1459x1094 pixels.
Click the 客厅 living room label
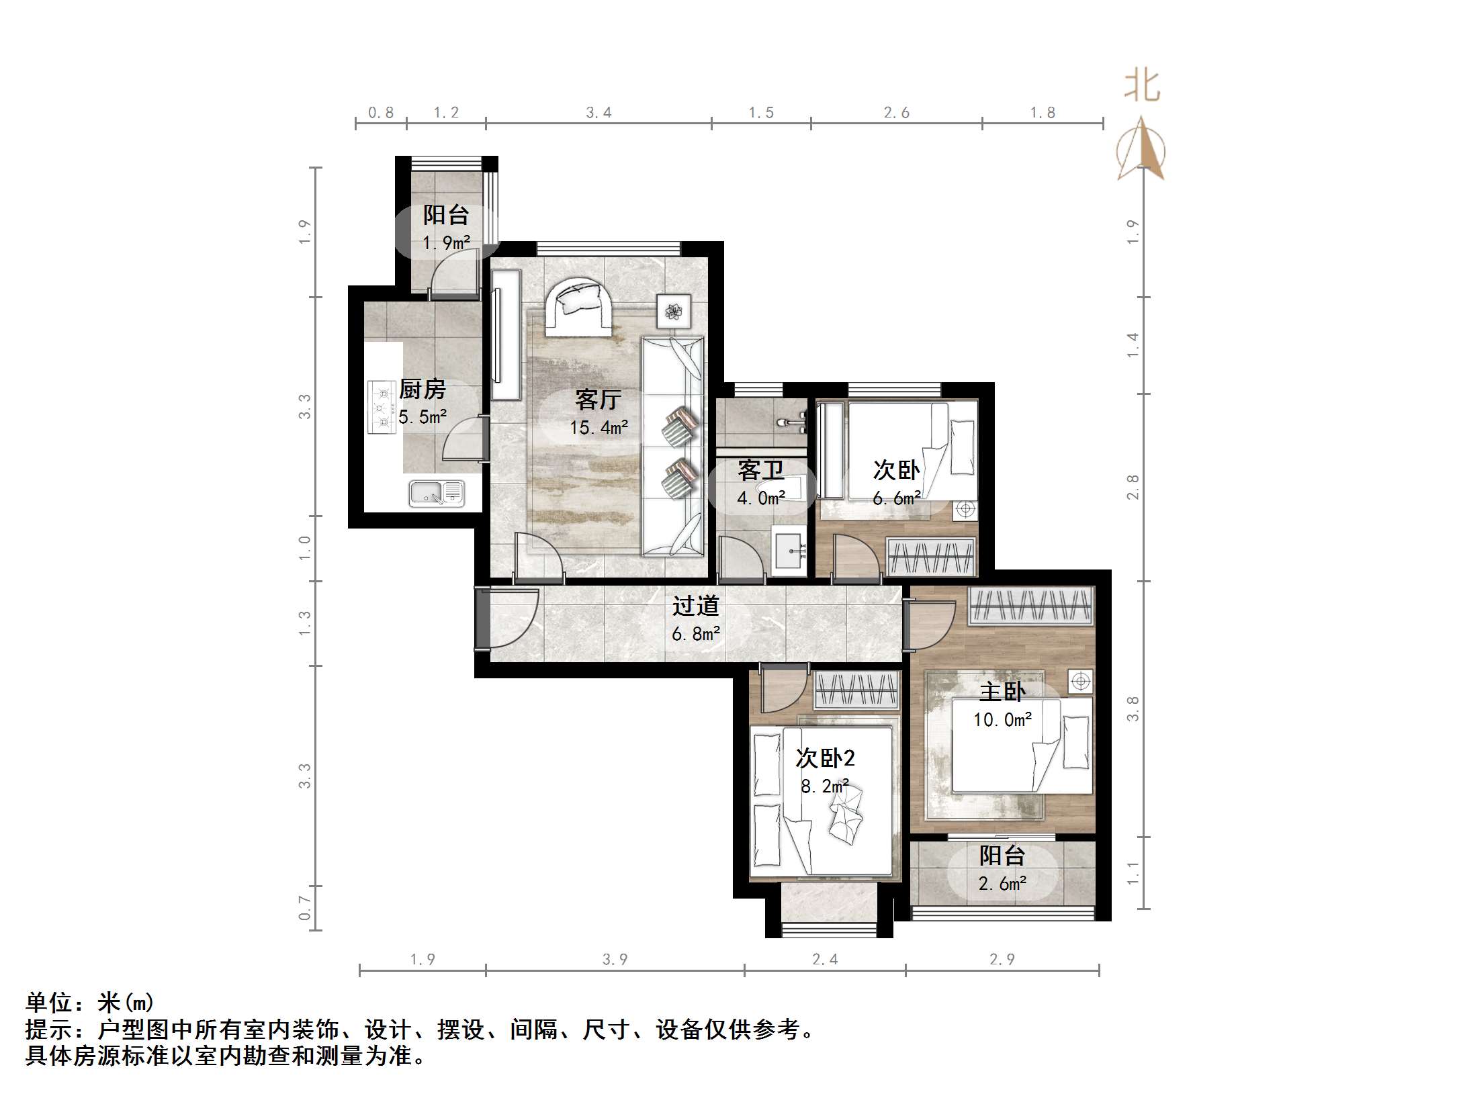[x=598, y=400]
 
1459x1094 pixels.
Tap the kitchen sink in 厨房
[x=437, y=494]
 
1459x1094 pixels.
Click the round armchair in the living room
[x=578, y=307]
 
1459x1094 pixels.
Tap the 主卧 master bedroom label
[x=1002, y=692]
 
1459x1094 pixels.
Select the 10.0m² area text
[x=1002, y=720]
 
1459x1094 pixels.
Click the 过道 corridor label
[x=696, y=606]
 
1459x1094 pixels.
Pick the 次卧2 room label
[x=825, y=758]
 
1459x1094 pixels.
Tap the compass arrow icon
[x=1141, y=151]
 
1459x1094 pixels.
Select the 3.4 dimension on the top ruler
[x=599, y=113]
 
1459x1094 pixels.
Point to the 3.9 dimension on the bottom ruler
[x=615, y=959]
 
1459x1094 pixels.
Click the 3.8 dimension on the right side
[x=1133, y=709]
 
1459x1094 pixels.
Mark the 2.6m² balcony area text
[x=1002, y=884]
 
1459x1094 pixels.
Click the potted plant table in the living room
[x=673, y=312]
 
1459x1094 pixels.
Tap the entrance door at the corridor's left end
[x=482, y=618]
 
